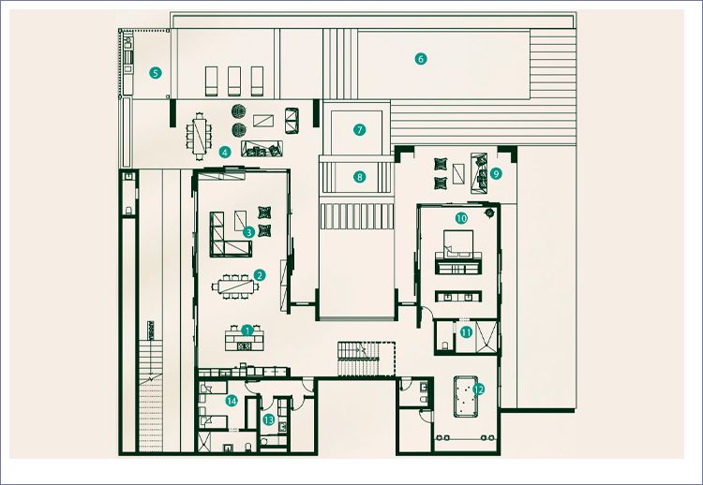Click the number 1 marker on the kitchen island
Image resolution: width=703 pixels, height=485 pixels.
[x=247, y=330]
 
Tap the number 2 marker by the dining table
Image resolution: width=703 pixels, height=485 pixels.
[x=260, y=275]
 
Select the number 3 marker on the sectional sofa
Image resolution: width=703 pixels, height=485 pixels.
[x=247, y=231]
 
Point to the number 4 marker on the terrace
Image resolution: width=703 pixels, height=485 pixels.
[x=225, y=151]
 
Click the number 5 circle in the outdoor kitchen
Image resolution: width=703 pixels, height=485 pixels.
[x=157, y=71]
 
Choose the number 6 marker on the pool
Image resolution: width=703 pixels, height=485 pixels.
[x=421, y=59]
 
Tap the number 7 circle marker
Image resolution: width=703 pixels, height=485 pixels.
[x=359, y=129]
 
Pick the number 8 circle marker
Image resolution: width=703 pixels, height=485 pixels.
[x=359, y=176]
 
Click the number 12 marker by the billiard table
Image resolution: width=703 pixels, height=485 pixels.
[x=478, y=389]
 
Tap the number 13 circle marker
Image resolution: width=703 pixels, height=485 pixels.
[x=269, y=420]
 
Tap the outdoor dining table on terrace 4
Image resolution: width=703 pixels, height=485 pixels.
[x=199, y=133]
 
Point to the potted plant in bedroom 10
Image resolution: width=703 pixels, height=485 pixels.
[x=489, y=213]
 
